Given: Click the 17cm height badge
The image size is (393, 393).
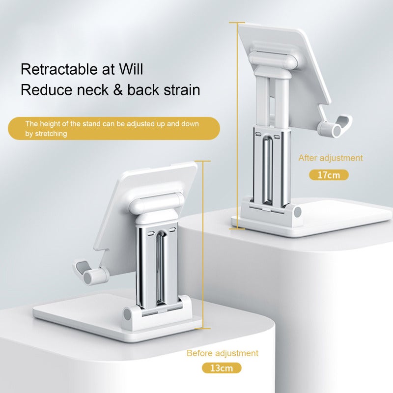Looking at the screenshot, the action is [x=329, y=175].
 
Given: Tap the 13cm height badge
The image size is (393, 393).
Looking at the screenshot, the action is [x=222, y=368].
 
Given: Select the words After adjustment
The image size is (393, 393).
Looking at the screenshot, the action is [x=330, y=158].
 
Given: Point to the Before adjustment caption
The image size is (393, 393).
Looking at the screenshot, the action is [x=223, y=353].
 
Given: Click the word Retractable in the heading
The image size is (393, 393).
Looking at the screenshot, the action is [x=59, y=69].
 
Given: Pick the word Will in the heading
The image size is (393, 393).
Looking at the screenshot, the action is [x=131, y=69].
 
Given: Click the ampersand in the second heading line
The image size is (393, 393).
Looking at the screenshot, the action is [x=118, y=90].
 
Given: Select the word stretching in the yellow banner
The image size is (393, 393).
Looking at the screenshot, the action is [x=51, y=134].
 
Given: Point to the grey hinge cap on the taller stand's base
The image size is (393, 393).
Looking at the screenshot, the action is [x=298, y=213].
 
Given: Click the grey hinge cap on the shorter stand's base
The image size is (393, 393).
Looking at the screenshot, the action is [x=127, y=314].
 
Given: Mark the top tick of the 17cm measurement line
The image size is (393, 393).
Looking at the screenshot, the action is [x=237, y=23].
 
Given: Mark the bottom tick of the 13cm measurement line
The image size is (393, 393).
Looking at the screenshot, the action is [x=202, y=328].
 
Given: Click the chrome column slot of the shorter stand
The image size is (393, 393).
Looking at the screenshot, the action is [x=160, y=268].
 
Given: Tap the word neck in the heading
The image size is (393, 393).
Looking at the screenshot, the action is [x=92, y=90].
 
